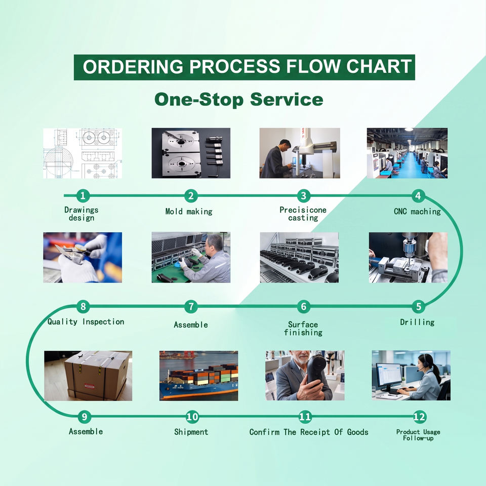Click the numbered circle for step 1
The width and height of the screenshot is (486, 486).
(x=83, y=195)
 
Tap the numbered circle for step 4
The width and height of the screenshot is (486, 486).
(x=418, y=195)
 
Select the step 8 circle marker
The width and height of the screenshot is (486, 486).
(x=83, y=306)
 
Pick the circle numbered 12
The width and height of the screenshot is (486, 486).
(x=419, y=417)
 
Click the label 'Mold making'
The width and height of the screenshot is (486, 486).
(x=189, y=212)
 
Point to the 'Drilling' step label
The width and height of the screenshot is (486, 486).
(x=417, y=322)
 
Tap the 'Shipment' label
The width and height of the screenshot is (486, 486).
(x=191, y=432)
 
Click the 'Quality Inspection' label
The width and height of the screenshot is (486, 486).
(x=86, y=322)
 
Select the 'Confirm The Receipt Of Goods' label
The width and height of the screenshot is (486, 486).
(x=309, y=432)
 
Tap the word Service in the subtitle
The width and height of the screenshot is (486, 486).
(x=287, y=100)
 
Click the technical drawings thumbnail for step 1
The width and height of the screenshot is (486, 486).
(x=83, y=153)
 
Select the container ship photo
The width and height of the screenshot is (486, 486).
(x=198, y=376)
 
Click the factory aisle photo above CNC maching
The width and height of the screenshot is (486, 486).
(x=407, y=153)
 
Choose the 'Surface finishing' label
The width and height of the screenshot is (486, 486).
(x=303, y=329)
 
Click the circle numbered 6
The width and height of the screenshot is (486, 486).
(x=304, y=306)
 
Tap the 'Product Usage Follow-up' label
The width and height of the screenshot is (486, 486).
(x=418, y=435)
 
